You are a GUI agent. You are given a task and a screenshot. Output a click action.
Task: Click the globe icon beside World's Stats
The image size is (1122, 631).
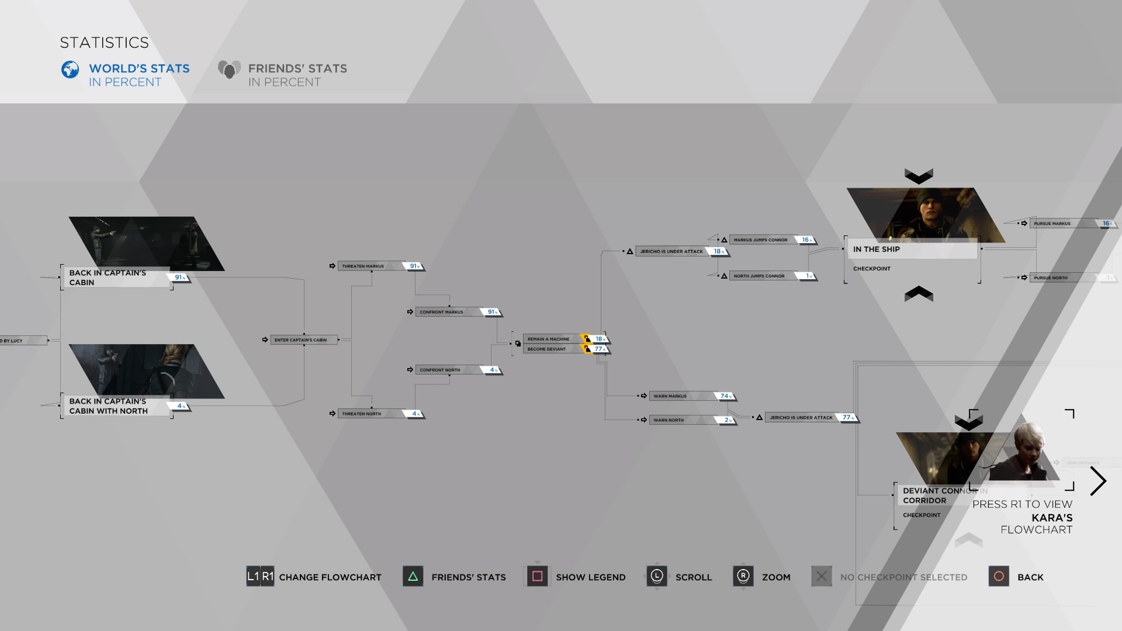pos(70,70)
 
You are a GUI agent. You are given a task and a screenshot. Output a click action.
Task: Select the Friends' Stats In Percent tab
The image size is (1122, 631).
pos(297,75)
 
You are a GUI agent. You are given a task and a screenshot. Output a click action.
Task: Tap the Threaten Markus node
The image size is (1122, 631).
pos(363,266)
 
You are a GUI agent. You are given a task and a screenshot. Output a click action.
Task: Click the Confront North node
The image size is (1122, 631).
pos(440,370)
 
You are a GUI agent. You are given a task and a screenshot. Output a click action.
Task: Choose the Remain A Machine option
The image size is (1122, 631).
pos(548,339)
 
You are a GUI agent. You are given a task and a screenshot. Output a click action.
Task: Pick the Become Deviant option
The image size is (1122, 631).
pos(547,349)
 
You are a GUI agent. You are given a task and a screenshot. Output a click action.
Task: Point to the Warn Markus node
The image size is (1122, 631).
pos(670,396)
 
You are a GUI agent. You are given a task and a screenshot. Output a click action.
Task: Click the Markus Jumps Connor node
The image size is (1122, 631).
pos(760,240)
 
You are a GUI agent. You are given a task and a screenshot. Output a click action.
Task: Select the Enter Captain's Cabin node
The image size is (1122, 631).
pos(300,340)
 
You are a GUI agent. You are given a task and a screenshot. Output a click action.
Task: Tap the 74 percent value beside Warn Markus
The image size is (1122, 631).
pos(725,396)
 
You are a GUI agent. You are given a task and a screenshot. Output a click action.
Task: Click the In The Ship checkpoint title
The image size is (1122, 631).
pos(876,249)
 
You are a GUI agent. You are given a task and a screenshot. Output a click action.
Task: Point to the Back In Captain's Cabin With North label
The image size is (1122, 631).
pos(109,406)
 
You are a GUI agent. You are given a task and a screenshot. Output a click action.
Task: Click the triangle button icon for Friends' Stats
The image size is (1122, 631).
pos(413,577)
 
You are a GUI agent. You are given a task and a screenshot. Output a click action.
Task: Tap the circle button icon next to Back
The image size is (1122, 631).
pos(999,577)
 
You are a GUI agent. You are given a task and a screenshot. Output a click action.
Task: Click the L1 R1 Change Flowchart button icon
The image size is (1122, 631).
pos(260,577)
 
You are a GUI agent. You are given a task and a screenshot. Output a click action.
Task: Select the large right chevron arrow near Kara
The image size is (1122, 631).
pos(1098,481)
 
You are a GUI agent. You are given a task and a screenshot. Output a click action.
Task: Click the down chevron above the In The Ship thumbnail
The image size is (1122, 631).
pos(919,176)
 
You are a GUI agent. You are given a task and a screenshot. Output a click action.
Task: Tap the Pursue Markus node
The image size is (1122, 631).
pos(1052,224)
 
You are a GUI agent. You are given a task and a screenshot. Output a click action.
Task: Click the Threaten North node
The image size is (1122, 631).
pos(361,414)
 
